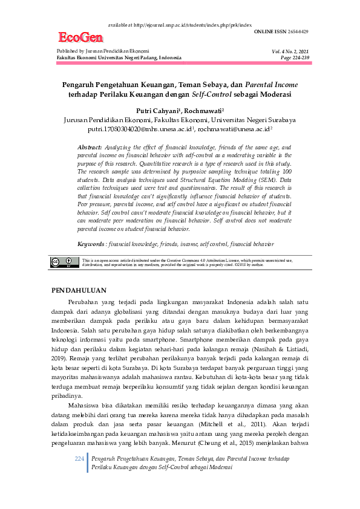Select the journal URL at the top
point(180,25)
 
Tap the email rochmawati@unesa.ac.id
point(235,129)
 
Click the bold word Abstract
point(90,148)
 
